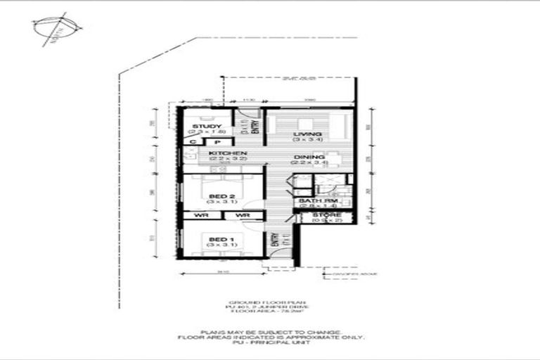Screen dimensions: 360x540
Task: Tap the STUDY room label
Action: [207, 127]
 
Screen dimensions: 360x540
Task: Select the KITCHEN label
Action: [227, 153]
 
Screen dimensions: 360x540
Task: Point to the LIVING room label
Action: [308, 134]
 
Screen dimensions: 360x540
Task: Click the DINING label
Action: [309, 157]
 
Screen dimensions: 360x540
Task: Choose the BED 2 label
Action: [217, 196]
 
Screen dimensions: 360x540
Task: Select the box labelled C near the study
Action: [191, 142]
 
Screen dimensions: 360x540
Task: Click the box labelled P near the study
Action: [208, 142]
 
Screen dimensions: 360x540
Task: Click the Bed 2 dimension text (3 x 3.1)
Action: [217, 202]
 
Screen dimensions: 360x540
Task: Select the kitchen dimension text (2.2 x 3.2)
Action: [227, 160]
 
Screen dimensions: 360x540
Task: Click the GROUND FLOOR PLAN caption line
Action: [270, 301]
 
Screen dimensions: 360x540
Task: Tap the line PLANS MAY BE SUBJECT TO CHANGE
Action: [271, 331]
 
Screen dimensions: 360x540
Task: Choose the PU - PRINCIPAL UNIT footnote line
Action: [270, 342]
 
